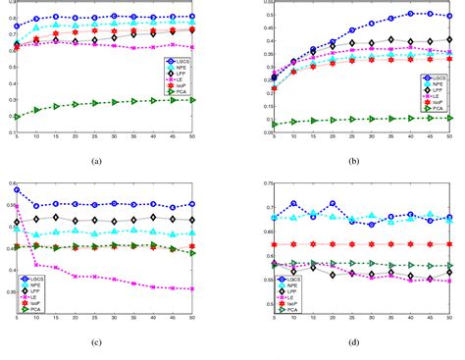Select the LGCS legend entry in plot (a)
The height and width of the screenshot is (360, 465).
180,61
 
